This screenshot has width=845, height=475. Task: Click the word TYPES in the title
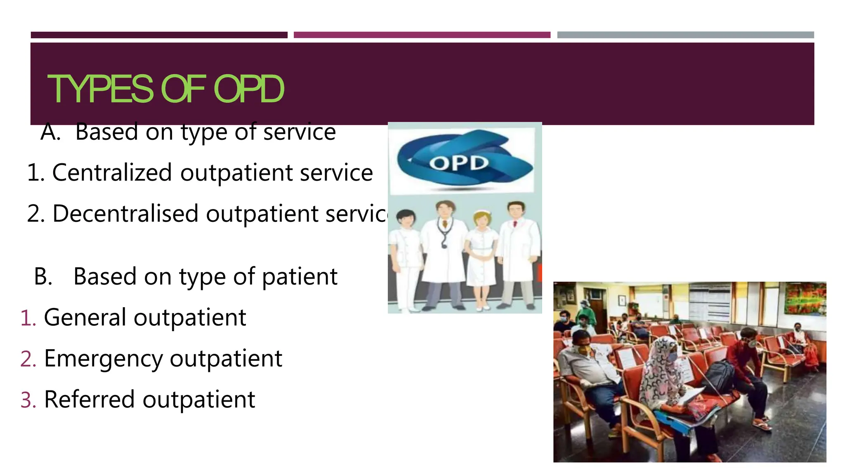tap(101, 89)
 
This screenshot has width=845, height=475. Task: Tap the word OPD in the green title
tap(249, 89)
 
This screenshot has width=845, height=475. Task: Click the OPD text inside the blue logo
tap(458, 163)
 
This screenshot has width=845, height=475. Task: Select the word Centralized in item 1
tap(112, 172)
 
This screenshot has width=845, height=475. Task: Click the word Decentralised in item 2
tap(125, 214)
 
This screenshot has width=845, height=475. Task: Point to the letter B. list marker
tap(43, 276)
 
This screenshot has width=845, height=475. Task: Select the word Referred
tap(89, 400)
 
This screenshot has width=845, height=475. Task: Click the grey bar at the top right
tap(685, 35)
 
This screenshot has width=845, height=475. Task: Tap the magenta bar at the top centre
tap(422, 35)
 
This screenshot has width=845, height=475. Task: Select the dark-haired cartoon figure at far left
tap(406, 256)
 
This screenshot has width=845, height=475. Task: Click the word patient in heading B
tap(300, 276)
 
